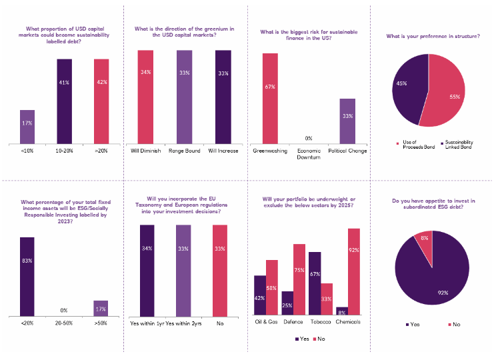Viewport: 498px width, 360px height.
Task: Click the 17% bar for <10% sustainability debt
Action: point(27,126)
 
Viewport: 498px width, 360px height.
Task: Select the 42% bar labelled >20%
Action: point(101,100)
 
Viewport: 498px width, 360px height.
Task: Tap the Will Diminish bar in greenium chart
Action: point(146,96)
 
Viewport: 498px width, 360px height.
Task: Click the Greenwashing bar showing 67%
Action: point(270,98)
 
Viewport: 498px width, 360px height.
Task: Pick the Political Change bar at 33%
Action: point(347,121)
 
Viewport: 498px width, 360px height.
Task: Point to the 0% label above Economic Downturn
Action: point(308,139)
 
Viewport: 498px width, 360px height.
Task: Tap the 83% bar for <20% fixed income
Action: point(27,276)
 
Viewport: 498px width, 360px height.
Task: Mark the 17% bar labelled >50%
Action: point(101,308)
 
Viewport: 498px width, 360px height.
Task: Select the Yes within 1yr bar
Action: point(146,270)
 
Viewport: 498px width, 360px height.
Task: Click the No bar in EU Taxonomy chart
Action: point(219,270)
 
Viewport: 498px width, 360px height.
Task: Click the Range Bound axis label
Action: point(183,150)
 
